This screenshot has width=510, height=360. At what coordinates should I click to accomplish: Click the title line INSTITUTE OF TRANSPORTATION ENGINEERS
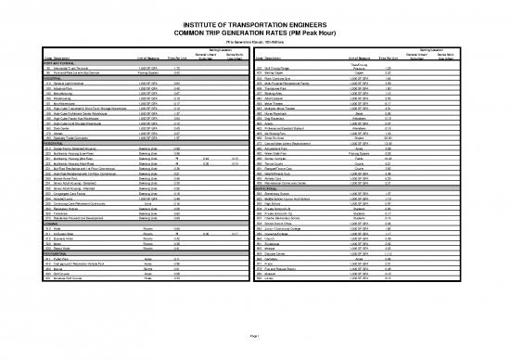pos(255,8)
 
